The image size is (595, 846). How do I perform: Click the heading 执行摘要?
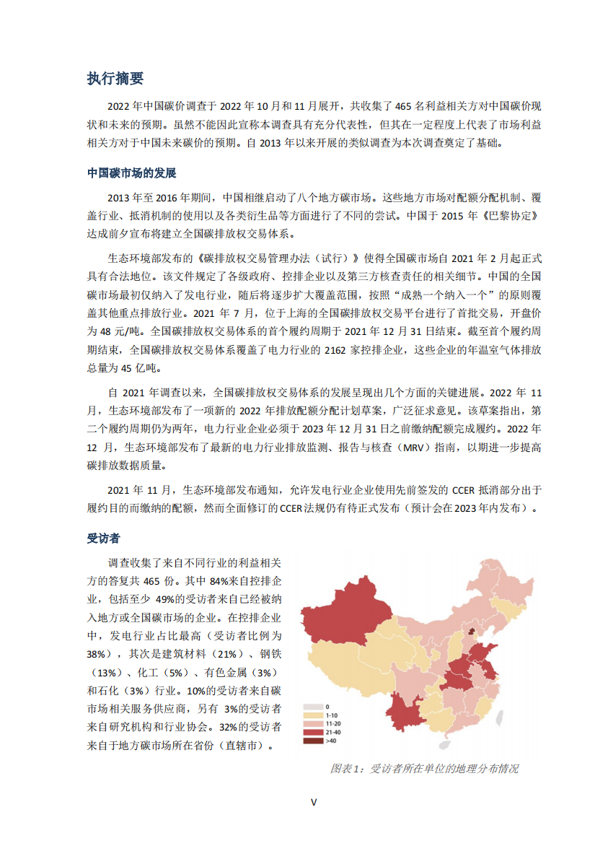[x=115, y=79]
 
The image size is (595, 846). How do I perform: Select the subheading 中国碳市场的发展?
[x=131, y=173]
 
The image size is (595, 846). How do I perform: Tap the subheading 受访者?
[x=103, y=538]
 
